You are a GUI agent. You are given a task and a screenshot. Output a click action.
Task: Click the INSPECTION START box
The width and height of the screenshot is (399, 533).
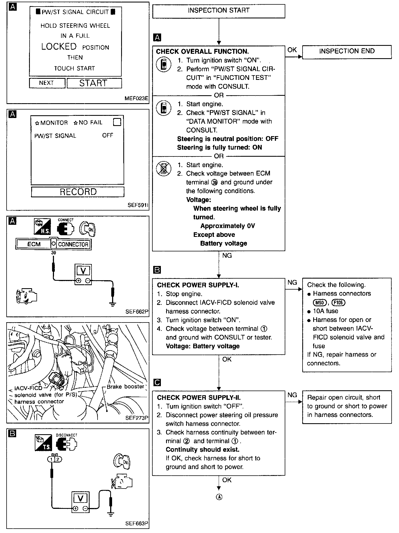tap(218, 11)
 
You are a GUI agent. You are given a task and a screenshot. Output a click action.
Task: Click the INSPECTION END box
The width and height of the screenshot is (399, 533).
tap(347, 52)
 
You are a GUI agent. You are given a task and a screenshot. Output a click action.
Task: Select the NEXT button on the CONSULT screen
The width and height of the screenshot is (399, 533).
tap(47, 83)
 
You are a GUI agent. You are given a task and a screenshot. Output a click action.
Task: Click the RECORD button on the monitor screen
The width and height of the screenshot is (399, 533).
tap(78, 192)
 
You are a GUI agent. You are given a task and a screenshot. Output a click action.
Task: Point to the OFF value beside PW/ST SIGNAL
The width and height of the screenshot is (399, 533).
tap(107, 135)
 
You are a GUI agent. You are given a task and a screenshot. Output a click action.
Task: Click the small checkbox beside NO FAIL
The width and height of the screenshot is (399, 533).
tap(117, 122)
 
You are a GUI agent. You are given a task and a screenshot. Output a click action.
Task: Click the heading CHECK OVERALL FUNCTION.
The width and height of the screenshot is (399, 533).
tap(202, 51)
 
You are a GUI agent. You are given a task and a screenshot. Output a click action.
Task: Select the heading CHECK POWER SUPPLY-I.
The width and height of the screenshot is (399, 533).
tap(198, 285)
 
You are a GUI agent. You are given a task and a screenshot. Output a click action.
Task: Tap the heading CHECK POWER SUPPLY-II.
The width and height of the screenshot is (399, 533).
tap(199, 398)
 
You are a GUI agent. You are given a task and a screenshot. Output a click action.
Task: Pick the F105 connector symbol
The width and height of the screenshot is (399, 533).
tap(338, 302)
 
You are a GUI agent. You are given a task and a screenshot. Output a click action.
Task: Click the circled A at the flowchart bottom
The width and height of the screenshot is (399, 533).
tap(219, 497)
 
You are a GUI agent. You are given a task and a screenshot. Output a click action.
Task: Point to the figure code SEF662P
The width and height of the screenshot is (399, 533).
tap(136, 312)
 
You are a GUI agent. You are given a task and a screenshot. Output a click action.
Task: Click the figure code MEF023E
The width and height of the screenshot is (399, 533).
tap(136, 98)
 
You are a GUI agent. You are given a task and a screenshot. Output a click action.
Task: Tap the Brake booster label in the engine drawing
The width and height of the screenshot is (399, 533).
tap(125, 386)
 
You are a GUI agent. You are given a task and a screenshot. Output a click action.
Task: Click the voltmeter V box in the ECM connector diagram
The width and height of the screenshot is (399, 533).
tap(83, 271)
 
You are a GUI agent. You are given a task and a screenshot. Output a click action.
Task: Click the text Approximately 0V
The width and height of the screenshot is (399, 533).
tap(227, 226)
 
